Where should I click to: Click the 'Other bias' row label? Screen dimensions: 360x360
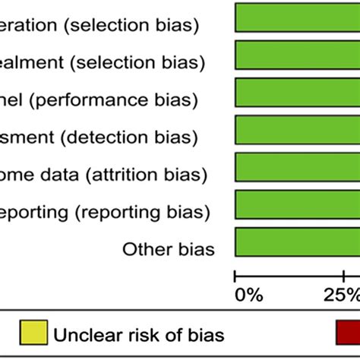[x=168, y=249]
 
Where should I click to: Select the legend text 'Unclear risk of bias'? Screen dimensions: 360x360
[x=137, y=333]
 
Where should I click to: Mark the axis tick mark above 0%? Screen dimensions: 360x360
[x=235, y=276]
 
